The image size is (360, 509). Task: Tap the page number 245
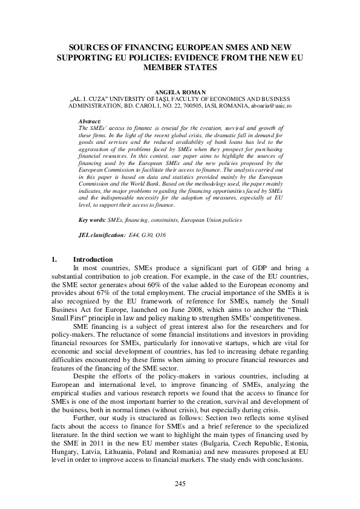(180, 484)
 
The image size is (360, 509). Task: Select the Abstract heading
(90, 121)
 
